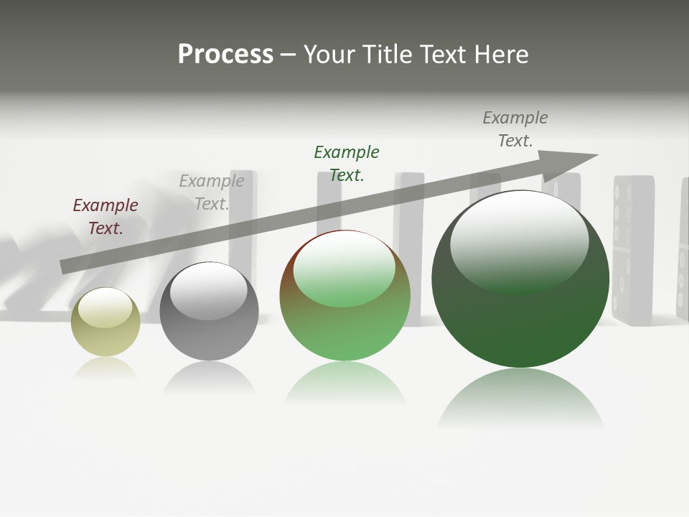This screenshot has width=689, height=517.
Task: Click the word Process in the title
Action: (225, 55)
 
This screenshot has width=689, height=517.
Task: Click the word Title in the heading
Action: (387, 55)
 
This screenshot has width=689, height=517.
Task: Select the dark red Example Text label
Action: (106, 217)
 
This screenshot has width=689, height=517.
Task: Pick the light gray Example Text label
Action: (212, 192)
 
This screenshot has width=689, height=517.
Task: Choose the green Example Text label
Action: (347, 164)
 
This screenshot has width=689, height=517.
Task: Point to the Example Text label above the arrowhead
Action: (515, 129)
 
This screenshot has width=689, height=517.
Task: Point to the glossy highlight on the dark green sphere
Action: (519, 241)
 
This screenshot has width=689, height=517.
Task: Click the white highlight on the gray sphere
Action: (208, 290)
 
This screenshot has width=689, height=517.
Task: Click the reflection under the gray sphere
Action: (209, 377)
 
